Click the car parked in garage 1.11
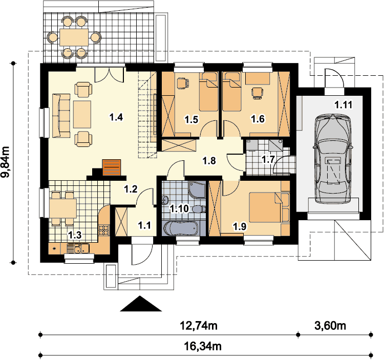coord(333,159)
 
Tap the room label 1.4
coord(116,117)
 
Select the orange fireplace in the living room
coord(112,167)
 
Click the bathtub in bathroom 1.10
coord(181,228)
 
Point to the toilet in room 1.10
coord(199,209)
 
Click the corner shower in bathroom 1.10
coord(197,189)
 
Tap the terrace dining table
coord(74,37)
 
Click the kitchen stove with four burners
coord(103,230)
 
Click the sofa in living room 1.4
coord(61,115)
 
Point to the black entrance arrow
coord(141,304)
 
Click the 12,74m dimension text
coord(199,326)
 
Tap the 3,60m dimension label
coord(330,326)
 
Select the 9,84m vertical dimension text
coord(6,162)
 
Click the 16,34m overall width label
coord(203,346)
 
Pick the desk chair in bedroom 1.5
coord(183,83)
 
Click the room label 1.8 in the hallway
coord(209,161)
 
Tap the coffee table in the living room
coord(82,114)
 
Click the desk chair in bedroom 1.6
coord(258,93)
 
